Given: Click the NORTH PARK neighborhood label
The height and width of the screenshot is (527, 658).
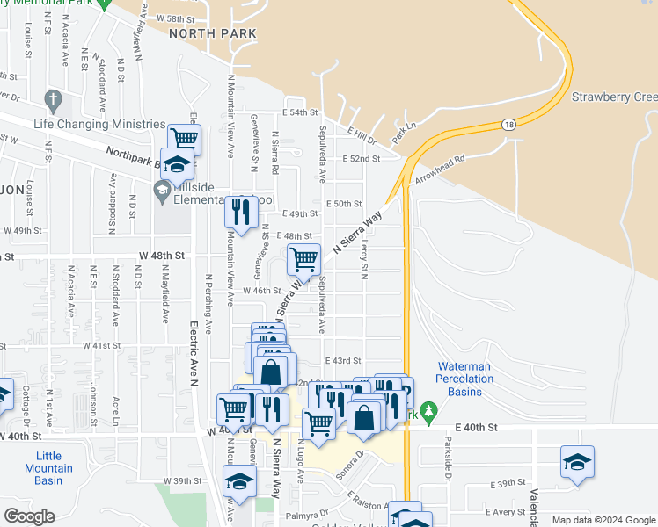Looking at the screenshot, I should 212,33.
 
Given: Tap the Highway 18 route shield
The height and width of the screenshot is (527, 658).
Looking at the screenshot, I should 509,126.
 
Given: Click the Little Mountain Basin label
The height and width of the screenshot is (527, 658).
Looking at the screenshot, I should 48,468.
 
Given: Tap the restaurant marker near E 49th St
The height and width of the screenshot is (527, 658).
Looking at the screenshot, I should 239,211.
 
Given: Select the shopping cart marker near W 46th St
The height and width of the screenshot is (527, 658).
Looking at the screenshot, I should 303,259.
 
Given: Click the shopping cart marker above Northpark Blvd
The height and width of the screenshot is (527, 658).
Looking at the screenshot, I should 185,137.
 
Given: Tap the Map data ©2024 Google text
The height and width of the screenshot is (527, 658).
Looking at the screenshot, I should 603,520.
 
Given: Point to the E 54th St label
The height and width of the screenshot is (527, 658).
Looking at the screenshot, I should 299,113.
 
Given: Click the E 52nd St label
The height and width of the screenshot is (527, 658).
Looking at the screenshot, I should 361,159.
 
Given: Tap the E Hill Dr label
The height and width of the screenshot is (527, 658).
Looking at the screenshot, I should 362,134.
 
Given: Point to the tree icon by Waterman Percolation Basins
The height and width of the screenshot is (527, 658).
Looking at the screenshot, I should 428,410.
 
